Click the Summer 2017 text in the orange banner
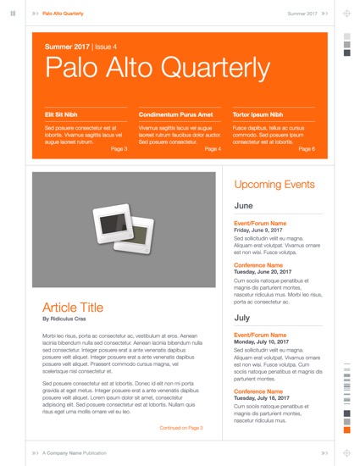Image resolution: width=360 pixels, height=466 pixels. point(67,47)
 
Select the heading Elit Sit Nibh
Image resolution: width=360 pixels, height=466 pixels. point(61,114)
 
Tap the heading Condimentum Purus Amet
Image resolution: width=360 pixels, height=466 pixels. point(175,114)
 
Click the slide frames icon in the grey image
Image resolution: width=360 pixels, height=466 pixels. point(124,229)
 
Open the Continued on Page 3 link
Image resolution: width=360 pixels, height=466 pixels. point(180,428)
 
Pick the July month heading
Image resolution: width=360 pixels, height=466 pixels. point(241,318)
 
